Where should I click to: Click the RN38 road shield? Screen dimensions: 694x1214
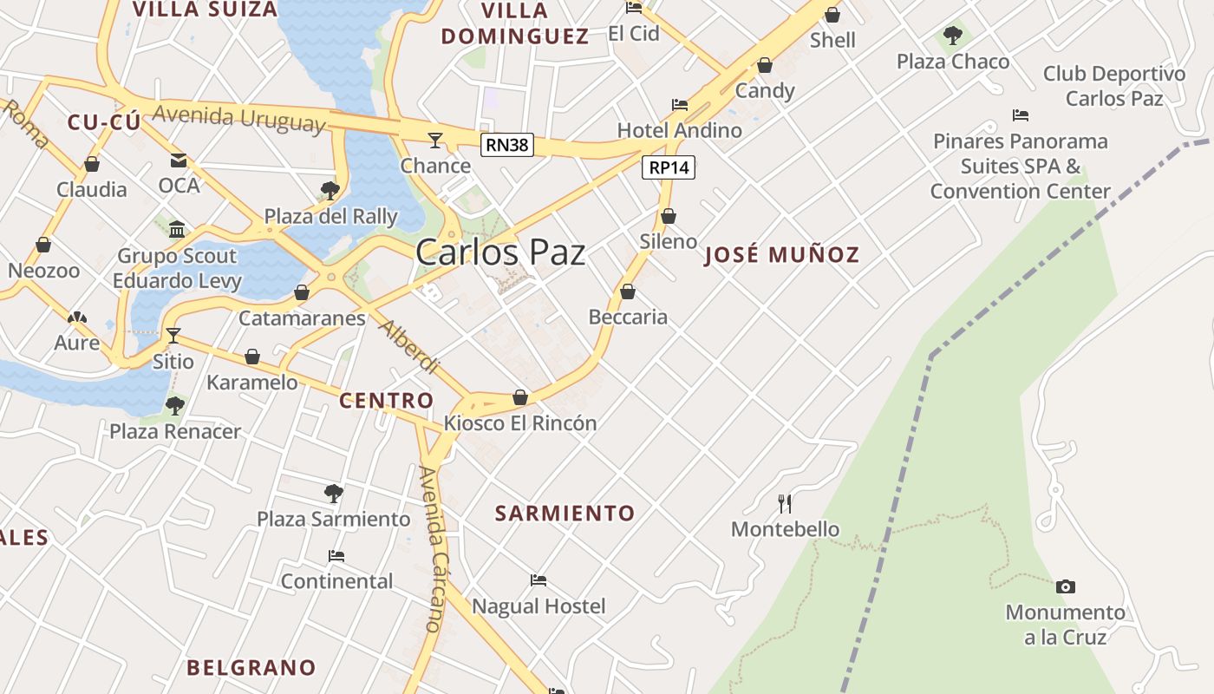(x=507, y=145)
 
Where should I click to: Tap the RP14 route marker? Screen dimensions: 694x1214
(x=669, y=167)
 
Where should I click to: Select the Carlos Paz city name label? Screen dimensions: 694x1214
(x=500, y=252)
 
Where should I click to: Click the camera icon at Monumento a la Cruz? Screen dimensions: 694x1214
(x=1066, y=586)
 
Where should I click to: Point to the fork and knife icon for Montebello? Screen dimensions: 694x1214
(x=785, y=503)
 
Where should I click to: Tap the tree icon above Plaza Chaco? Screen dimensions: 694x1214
(x=953, y=36)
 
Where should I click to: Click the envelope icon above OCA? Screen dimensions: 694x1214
(x=179, y=160)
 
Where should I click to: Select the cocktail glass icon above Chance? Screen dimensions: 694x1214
(x=435, y=140)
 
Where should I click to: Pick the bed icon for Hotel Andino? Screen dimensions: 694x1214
(x=680, y=105)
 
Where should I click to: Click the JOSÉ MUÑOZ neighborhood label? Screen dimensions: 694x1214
(x=781, y=255)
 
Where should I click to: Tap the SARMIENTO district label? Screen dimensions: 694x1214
(x=565, y=514)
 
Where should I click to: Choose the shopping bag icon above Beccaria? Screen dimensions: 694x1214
(x=628, y=291)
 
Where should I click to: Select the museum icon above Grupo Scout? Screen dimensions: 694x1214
(x=178, y=229)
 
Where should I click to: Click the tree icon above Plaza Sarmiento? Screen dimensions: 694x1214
(x=333, y=494)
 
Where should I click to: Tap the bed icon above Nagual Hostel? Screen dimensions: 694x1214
(x=538, y=579)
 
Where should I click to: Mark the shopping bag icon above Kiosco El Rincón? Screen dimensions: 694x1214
(x=520, y=397)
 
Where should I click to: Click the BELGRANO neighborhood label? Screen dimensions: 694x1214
(x=251, y=668)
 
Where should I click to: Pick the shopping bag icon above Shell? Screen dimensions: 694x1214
(x=832, y=15)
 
